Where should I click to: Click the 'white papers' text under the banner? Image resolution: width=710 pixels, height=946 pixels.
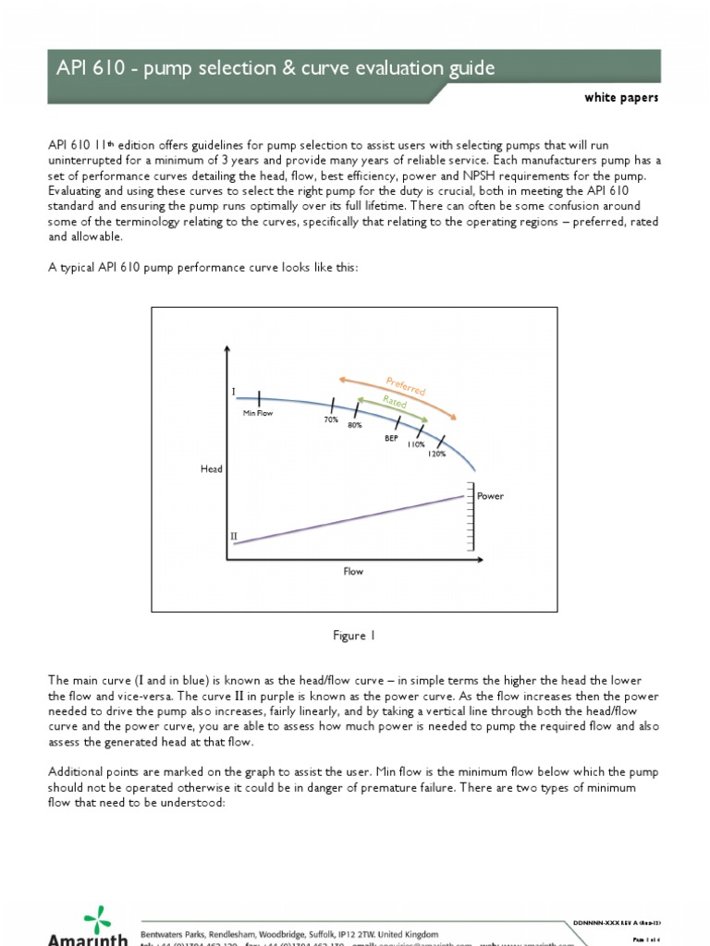(x=621, y=99)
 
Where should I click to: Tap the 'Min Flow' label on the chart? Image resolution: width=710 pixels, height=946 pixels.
(x=259, y=413)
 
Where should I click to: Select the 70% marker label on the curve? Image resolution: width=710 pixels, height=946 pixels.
(x=330, y=419)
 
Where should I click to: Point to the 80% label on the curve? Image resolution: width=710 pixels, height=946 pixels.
(x=354, y=426)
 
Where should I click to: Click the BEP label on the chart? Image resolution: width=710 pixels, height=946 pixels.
(x=391, y=438)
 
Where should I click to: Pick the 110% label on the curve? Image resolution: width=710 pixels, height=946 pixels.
(x=416, y=444)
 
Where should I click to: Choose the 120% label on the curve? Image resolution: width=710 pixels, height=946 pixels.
(x=437, y=454)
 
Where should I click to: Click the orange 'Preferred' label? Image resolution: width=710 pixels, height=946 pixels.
(x=405, y=386)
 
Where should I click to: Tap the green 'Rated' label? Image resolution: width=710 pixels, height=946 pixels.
(x=395, y=403)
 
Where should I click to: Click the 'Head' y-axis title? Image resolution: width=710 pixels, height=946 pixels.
(x=212, y=469)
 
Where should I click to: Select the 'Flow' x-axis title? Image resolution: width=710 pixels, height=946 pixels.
(x=353, y=572)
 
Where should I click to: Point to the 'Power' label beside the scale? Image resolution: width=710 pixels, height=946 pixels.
(x=490, y=496)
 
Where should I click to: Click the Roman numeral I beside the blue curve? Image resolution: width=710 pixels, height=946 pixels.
(x=233, y=392)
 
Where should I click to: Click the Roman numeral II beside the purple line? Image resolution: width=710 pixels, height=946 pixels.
(x=233, y=536)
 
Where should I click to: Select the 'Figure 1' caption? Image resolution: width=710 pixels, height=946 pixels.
(x=354, y=636)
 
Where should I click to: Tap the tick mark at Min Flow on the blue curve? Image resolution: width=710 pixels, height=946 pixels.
(x=260, y=397)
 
